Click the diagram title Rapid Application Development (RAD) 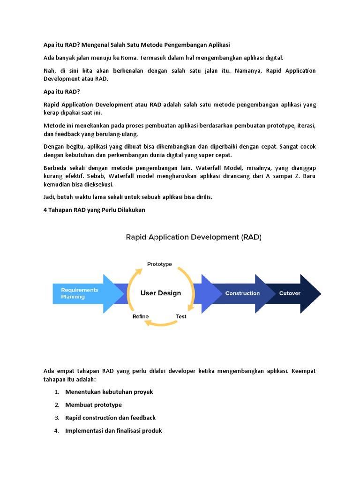pyautogui.click(x=193, y=237)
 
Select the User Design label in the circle pyautogui.click(x=161, y=293)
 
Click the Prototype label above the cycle pyautogui.click(x=159, y=264)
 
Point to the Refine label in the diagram pyautogui.click(x=141, y=316)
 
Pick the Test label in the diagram pyautogui.click(x=181, y=316)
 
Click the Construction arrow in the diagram pyautogui.click(x=242, y=293)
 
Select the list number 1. pyautogui.click(x=56, y=392)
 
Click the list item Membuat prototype pyautogui.click(x=93, y=405)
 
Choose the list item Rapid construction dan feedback pyautogui.click(x=111, y=418)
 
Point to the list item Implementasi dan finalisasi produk pyautogui.click(x=113, y=430)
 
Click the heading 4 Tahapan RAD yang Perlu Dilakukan pyautogui.click(x=94, y=210)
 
